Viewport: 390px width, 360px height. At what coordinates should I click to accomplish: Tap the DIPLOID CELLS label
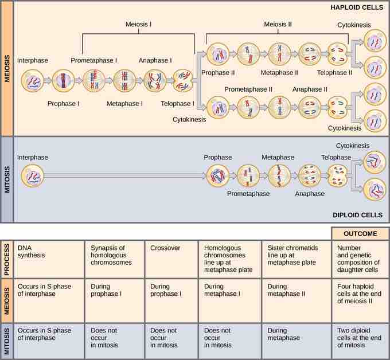[357, 215]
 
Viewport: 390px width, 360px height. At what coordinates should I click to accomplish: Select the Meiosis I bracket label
[138, 25]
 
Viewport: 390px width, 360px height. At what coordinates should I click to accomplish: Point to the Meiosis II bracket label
[277, 25]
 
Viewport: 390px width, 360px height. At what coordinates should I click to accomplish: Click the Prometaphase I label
[93, 60]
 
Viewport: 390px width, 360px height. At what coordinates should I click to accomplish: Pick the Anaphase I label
[155, 60]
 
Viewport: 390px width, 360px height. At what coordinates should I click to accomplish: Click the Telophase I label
[178, 104]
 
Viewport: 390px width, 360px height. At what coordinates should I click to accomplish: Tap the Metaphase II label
[279, 73]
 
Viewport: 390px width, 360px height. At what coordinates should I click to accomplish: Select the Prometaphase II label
[248, 89]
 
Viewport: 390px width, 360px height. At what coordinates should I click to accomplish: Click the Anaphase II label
[310, 89]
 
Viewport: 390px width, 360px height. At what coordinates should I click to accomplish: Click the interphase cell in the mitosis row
[32, 177]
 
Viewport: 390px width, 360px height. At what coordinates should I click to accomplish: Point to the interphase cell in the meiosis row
[32, 81]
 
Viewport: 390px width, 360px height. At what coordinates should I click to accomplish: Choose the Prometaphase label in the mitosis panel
[247, 193]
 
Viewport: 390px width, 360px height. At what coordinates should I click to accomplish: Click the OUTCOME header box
[360, 233]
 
